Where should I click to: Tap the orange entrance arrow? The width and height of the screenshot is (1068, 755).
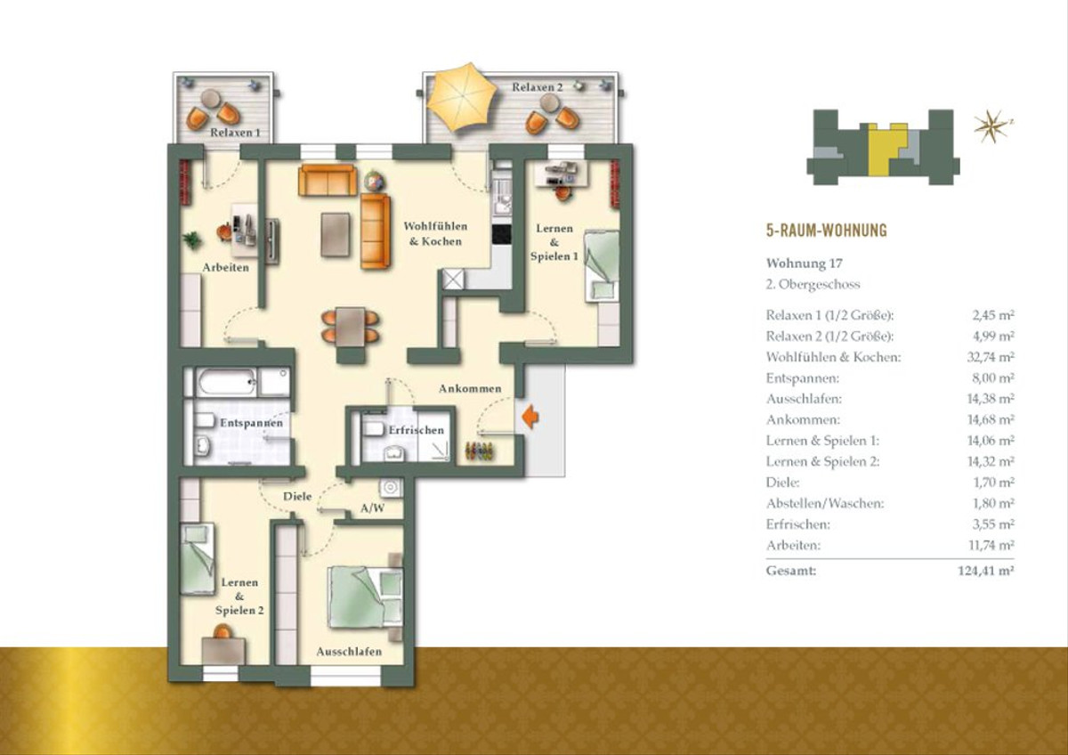530,418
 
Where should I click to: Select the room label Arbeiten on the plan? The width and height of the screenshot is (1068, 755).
225,268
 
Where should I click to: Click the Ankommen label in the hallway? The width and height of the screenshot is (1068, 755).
470,389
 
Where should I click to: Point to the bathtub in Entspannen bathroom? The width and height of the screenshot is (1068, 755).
227,382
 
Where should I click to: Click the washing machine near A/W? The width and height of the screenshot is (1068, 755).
391,487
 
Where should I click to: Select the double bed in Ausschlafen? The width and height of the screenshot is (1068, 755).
365,597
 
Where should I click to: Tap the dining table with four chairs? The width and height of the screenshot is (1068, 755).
351,327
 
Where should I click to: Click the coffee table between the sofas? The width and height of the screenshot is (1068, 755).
336,235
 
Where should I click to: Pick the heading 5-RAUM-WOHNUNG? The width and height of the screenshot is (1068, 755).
826,231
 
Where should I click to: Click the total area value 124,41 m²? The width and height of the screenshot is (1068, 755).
986,571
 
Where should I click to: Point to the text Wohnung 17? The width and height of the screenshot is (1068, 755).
797,264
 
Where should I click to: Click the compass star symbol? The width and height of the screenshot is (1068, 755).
991,126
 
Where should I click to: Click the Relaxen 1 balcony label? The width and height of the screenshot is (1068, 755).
236,133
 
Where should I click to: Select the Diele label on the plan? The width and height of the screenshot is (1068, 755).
297,496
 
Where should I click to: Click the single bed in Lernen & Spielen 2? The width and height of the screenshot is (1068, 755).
198,558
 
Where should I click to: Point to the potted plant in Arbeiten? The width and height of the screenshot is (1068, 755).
192,239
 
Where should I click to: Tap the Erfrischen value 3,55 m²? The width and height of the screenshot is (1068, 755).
993,524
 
